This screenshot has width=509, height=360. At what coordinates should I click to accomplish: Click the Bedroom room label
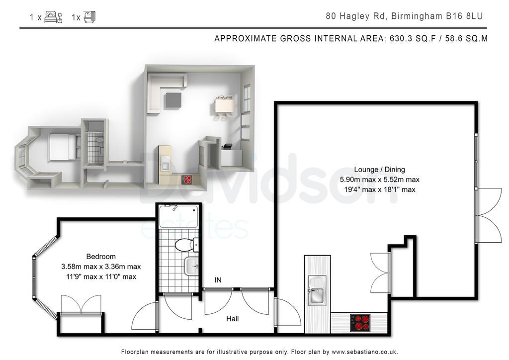pyautogui.click(x=100, y=257)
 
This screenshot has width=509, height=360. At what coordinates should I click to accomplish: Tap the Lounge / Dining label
pyautogui.click(x=379, y=170)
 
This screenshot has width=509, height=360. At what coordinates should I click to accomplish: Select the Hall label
pyautogui.click(x=233, y=319)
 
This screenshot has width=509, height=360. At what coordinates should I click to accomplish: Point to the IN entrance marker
pyautogui.click(x=218, y=280)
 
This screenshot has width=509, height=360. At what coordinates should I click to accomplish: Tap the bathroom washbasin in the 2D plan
pyautogui.click(x=191, y=266)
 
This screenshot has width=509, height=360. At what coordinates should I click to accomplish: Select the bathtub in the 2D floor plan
pyautogui.click(x=178, y=216)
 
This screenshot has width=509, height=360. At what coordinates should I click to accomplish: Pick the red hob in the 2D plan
pyautogui.click(x=360, y=322)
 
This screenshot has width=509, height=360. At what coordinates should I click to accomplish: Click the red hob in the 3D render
pyautogui.click(x=187, y=180)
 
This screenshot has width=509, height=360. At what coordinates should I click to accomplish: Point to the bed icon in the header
pyautogui.click(x=53, y=17)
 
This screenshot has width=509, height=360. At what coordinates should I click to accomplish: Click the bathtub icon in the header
pyautogui.click(x=89, y=17)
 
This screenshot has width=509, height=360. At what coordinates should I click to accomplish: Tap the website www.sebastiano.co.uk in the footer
pyautogui.click(x=364, y=352)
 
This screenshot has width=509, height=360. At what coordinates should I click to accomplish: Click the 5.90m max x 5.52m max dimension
pyautogui.click(x=379, y=180)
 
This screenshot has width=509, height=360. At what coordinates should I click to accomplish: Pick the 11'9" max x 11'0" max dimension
pyautogui.click(x=101, y=277)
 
